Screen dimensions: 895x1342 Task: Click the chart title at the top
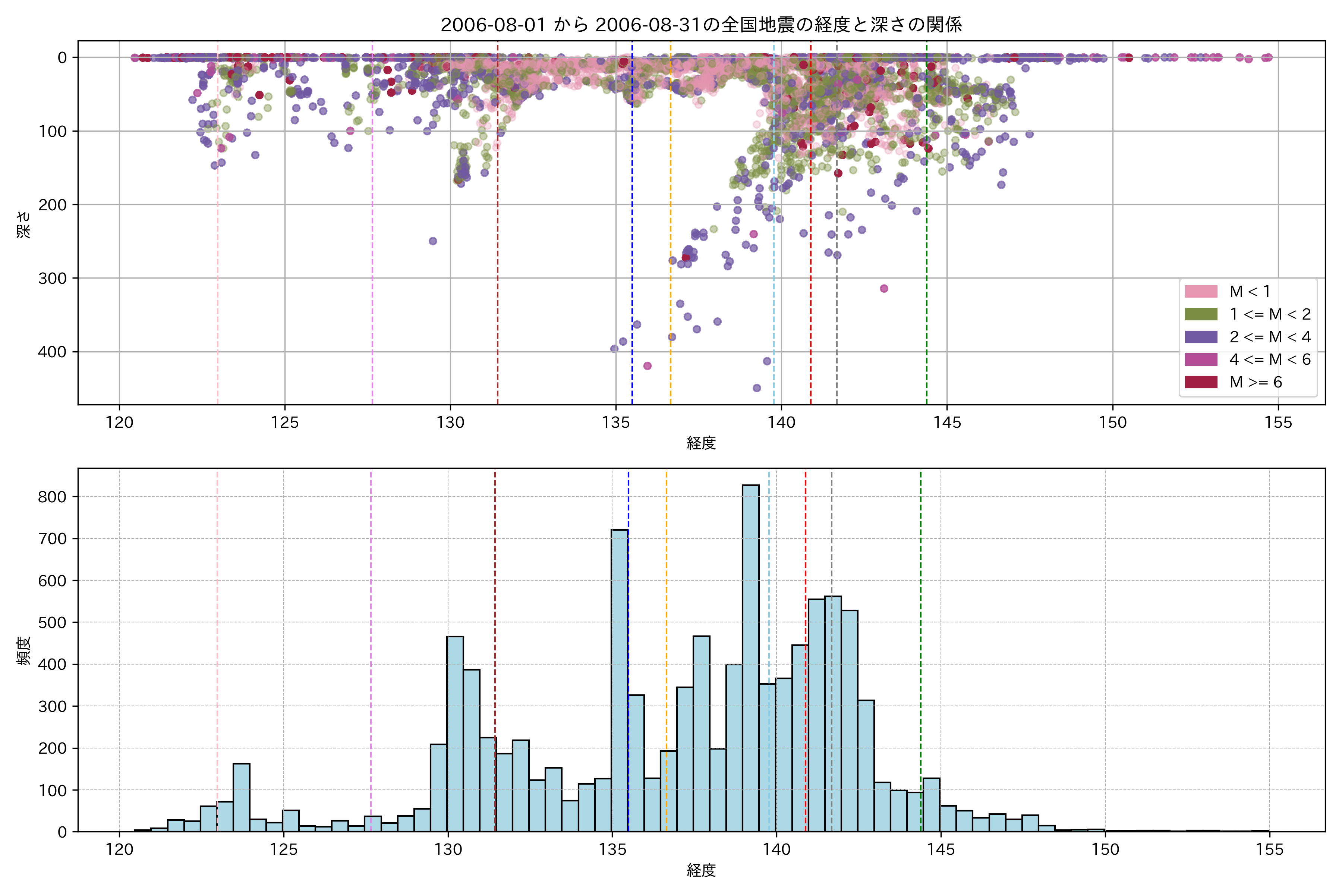[701, 25]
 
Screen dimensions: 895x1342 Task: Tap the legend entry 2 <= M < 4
[1270, 337]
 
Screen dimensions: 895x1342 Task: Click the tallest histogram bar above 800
[750, 656]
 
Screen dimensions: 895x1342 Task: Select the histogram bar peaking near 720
[620, 679]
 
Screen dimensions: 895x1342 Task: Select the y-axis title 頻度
[23, 651]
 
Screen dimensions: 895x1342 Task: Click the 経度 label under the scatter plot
[701, 442]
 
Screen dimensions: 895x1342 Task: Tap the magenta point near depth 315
[884, 288]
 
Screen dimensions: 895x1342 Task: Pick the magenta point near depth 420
[647, 366]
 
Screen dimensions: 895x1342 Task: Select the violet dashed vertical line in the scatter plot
[372, 228]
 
